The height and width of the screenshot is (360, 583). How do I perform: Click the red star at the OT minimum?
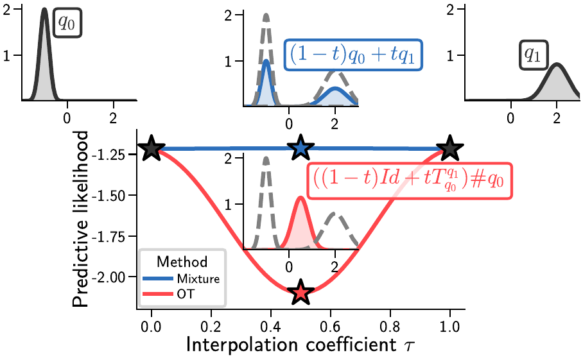(x=300, y=293)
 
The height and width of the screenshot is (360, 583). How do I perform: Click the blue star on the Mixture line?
(x=300, y=148)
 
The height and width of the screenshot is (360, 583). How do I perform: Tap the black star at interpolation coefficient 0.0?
(x=151, y=148)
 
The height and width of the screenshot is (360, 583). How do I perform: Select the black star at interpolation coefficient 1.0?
(x=450, y=148)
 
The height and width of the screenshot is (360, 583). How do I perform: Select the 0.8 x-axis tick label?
(x=390, y=326)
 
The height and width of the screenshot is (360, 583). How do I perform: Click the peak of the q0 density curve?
(x=44, y=10)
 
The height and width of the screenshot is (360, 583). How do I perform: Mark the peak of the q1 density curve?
(x=557, y=64)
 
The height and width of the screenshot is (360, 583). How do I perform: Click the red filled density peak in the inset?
(x=300, y=198)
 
